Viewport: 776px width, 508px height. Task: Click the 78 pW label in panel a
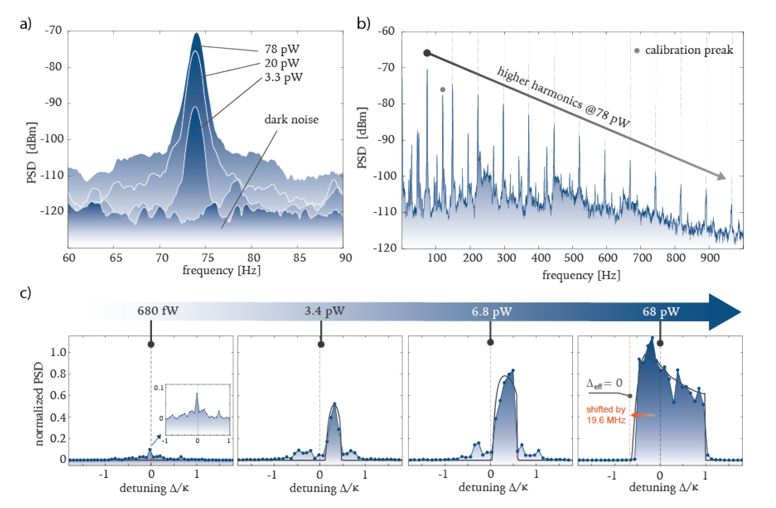(282, 49)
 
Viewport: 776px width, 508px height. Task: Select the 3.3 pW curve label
(283, 77)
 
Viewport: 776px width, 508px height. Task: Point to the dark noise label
(291, 119)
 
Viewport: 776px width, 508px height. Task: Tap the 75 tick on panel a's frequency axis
(208, 258)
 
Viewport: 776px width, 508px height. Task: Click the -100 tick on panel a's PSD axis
(53, 139)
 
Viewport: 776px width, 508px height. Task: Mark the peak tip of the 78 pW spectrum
(196, 34)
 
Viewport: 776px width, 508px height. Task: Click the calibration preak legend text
(689, 50)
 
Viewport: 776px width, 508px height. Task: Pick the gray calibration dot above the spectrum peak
(442, 90)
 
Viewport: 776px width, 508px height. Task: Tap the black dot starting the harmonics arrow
(427, 53)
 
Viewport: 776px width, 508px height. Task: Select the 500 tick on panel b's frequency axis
(573, 258)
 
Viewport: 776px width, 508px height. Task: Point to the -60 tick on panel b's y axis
(386, 31)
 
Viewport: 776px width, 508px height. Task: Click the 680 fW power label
(158, 311)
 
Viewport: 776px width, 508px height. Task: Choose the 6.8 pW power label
(491, 312)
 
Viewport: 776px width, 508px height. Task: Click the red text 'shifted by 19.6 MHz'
(605, 415)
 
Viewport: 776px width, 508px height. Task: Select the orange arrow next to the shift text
(643, 415)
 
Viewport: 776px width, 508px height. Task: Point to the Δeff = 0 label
(604, 383)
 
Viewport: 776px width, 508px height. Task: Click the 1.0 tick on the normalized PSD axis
(57, 352)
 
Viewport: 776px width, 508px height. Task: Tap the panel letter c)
(25, 293)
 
